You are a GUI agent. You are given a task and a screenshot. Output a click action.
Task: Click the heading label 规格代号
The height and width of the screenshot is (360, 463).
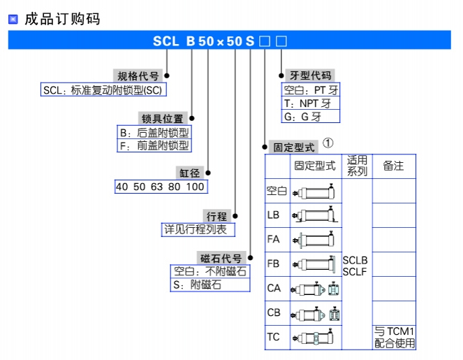(x=138, y=76)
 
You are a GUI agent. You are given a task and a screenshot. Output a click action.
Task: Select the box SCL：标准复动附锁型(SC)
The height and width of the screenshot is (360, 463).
(x=105, y=90)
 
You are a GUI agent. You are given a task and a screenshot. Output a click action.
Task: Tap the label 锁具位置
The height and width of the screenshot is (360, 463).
(x=163, y=119)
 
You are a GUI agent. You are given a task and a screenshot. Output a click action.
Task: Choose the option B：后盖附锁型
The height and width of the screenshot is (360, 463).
(x=154, y=132)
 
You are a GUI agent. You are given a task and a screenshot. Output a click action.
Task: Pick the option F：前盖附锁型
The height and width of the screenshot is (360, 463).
(x=154, y=145)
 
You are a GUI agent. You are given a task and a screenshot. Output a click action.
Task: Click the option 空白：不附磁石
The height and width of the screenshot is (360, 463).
(x=210, y=271)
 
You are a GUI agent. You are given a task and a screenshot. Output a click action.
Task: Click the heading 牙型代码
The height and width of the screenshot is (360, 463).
(x=310, y=76)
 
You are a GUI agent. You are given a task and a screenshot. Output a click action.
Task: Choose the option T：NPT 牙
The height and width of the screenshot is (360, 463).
(x=310, y=103)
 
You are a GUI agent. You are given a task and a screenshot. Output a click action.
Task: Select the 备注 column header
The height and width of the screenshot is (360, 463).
(x=393, y=166)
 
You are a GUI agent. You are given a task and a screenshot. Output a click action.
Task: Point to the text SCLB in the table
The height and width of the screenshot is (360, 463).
(x=355, y=260)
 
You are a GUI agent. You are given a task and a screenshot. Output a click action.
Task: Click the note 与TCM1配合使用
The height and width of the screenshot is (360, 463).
(x=394, y=337)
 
